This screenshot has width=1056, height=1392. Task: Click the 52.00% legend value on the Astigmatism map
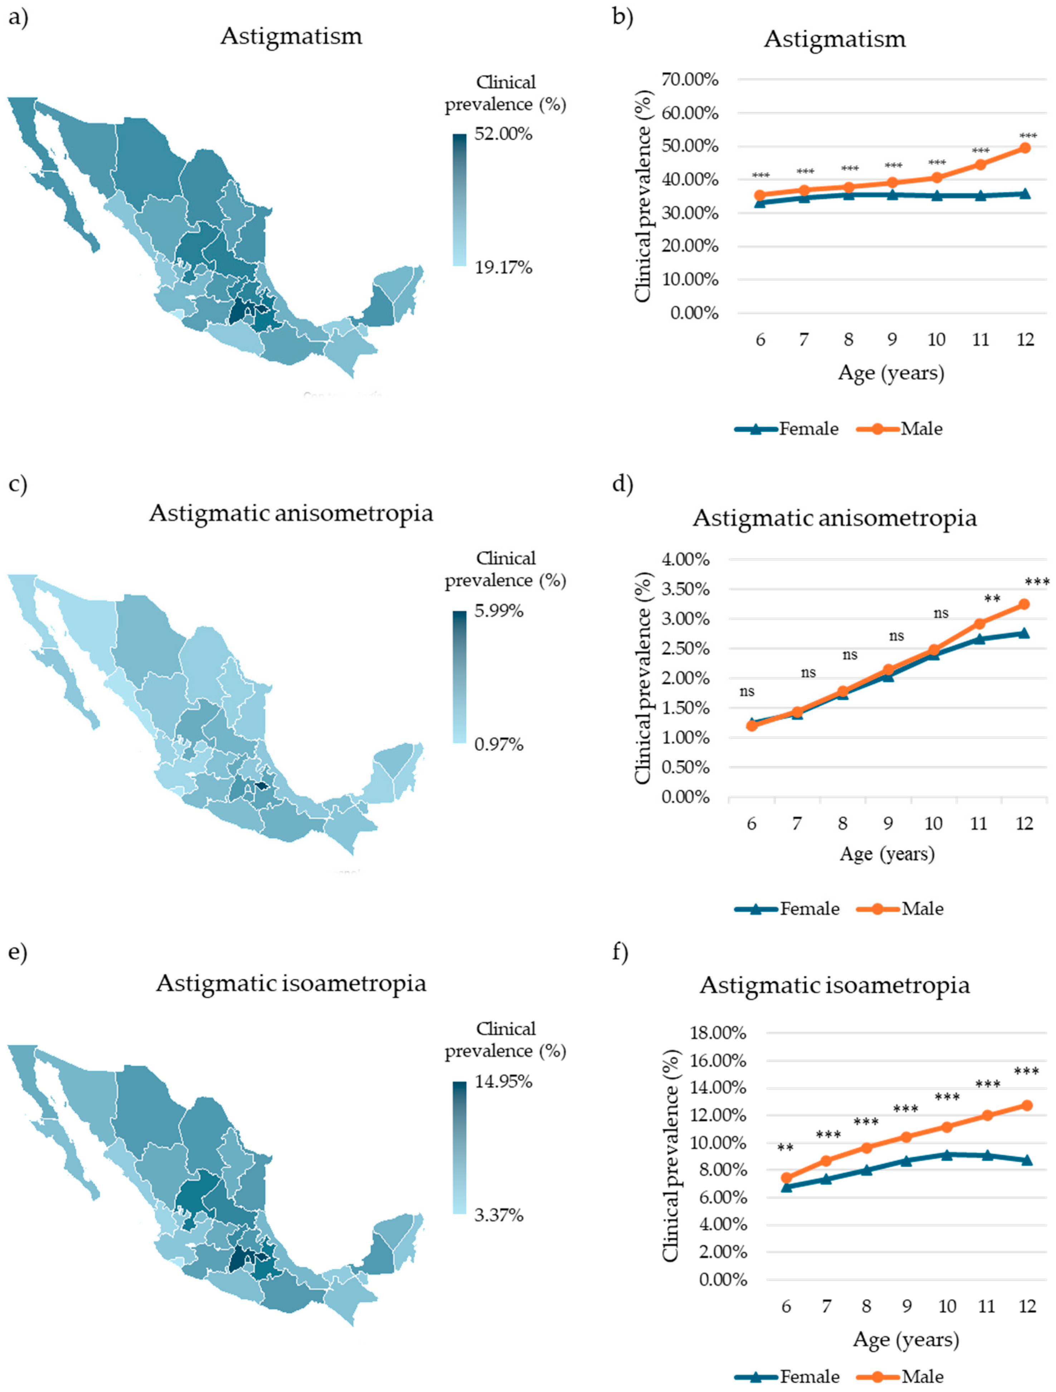pyautogui.click(x=503, y=134)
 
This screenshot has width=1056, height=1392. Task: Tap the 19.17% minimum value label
pyautogui.click(x=503, y=268)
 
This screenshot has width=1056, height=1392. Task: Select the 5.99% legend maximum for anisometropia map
pyautogui.click(x=498, y=611)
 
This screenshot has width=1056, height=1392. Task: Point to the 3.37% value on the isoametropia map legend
pyautogui.click(x=498, y=1215)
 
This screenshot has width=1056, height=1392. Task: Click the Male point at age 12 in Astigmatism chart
pyautogui.click(x=1025, y=148)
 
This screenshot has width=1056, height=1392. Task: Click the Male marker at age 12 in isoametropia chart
pyautogui.click(x=1026, y=1105)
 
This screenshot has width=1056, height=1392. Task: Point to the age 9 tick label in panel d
pyautogui.click(x=888, y=823)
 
